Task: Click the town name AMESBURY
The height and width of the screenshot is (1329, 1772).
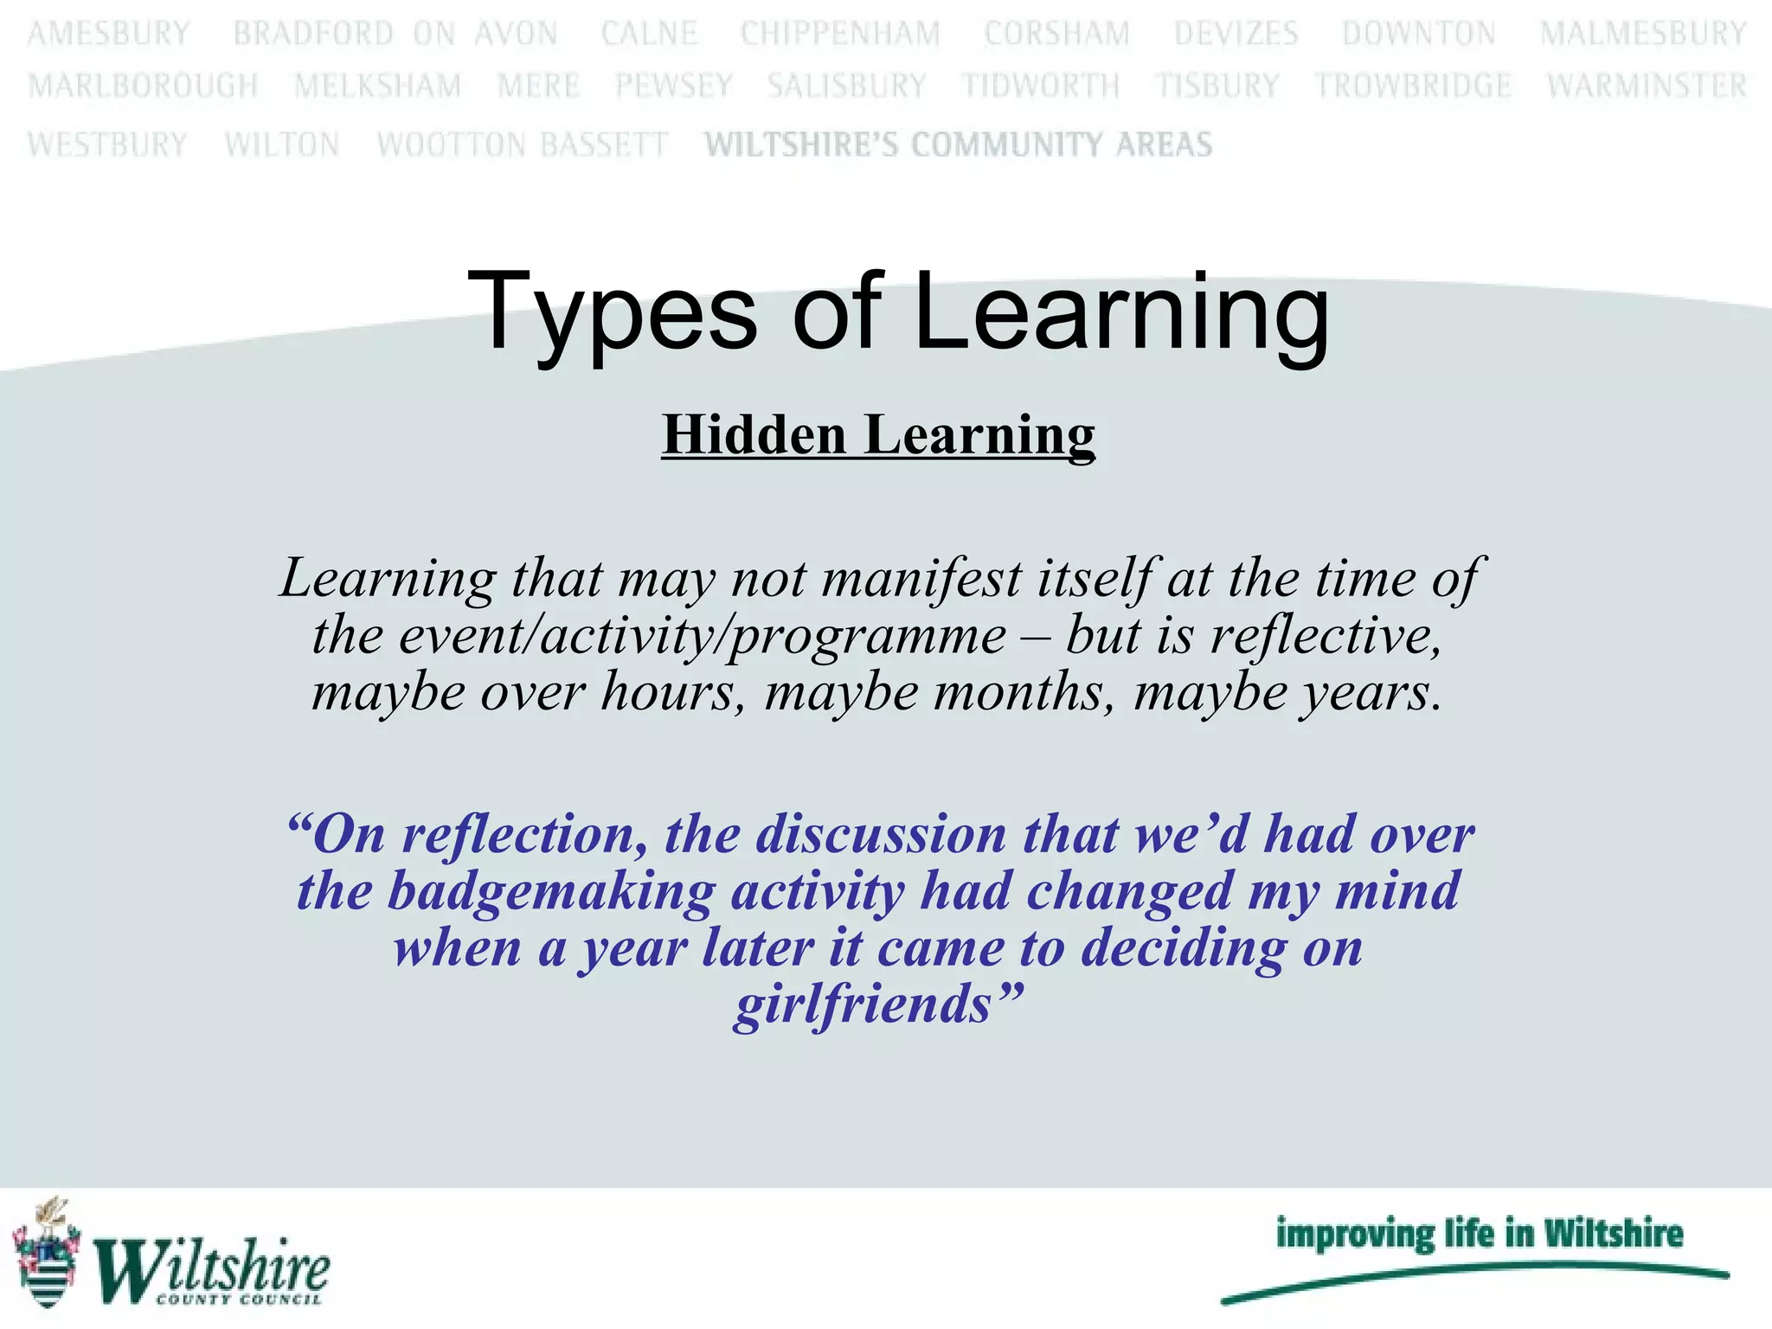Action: (x=109, y=34)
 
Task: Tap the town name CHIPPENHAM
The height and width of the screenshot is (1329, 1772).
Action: (x=840, y=34)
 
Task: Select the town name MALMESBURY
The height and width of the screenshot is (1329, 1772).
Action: (x=1643, y=34)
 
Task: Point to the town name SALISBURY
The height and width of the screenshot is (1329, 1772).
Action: (x=846, y=86)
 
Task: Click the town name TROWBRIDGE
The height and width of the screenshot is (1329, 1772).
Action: (x=1413, y=86)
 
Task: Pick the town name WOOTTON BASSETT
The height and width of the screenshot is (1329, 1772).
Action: (x=522, y=144)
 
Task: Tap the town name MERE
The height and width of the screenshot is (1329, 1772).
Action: (x=538, y=86)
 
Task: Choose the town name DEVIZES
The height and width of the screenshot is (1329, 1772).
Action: (x=1236, y=34)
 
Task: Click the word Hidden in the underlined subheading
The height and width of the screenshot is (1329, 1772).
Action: (x=754, y=434)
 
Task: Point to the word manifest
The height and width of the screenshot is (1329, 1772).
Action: (x=921, y=578)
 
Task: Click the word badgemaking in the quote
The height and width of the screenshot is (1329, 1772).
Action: (x=551, y=891)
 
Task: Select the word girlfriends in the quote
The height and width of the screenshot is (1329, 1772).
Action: (x=864, y=1005)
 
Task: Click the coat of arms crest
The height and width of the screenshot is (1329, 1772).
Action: (x=48, y=1252)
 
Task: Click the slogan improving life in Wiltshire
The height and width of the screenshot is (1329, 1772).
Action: (x=1480, y=1233)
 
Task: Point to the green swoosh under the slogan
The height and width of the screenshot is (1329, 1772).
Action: (x=1474, y=1281)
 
